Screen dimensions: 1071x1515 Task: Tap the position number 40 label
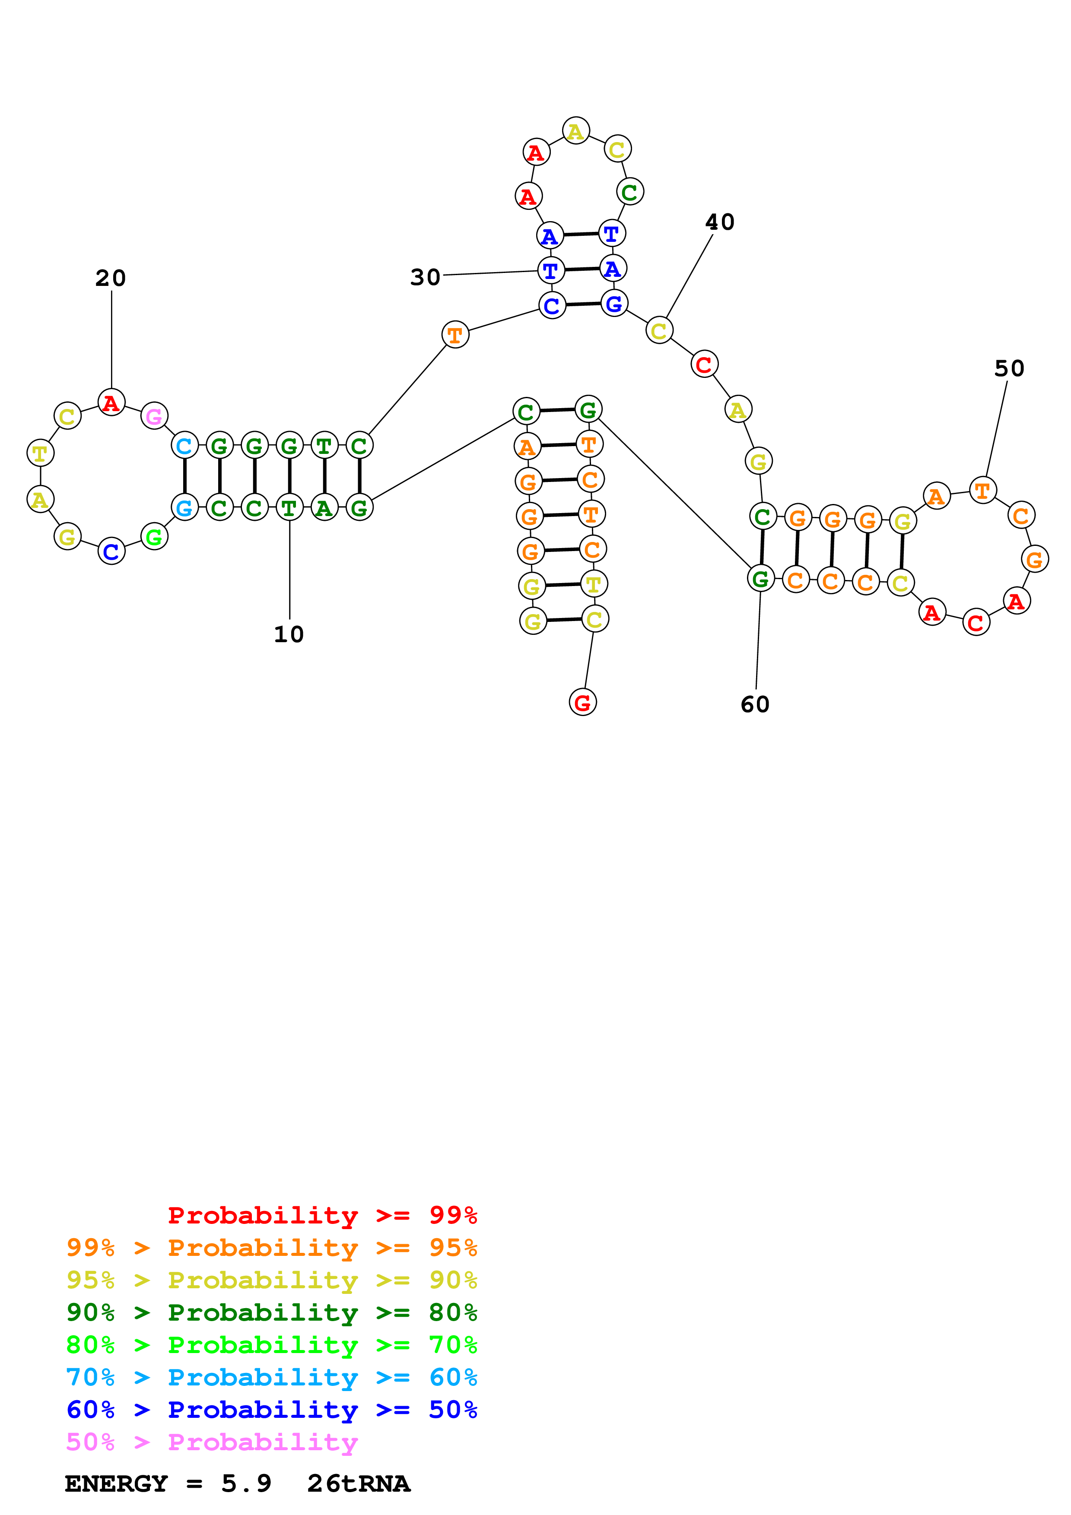click(719, 222)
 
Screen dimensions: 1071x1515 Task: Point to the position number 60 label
click(755, 704)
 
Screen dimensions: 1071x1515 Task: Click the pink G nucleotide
click(154, 416)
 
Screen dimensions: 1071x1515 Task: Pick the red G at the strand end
click(582, 702)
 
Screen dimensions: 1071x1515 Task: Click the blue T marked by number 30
click(550, 270)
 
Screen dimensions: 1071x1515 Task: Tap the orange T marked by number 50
click(982, 490)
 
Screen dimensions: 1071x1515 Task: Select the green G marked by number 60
click(760, 579)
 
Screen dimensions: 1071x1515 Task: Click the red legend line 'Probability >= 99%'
click(322, 1215)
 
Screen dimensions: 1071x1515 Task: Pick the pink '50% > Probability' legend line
click(212, 1442)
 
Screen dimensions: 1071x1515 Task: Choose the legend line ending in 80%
click(271, 1312)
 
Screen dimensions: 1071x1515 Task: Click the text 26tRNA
click(358, 1483)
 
